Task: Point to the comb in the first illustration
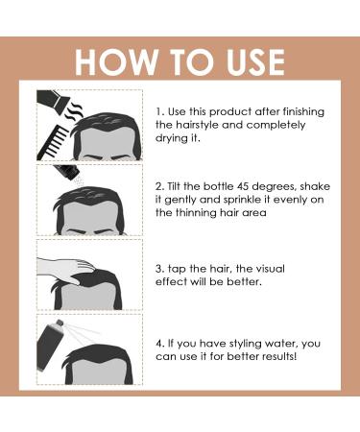(x=55, y=142)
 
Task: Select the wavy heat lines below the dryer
(x=75, y=111)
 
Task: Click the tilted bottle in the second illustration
(x=67, y=171)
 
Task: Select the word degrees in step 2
(x=276, y=187)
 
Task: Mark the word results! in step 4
(x=279, y=356)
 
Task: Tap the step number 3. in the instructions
(x=160, y=269)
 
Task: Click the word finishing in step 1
(x=303, y=112)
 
